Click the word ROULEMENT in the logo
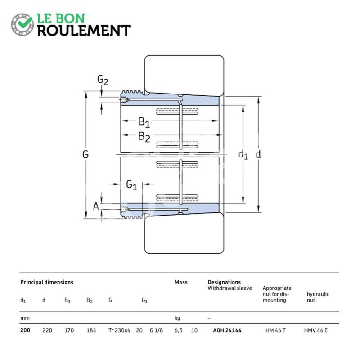[84, 31]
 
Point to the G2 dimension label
[103, 80]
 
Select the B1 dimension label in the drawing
[144, 121]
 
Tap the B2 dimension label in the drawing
[144, 137]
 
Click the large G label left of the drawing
[85, 154]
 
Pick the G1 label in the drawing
[131, 185]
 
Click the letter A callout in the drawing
[96, 207]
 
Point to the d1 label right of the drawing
[243, 155]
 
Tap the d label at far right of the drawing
[258, 154]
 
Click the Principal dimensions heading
[47, 282]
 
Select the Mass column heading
[181, 282]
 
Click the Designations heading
[224, 282]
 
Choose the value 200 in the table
[25, 330]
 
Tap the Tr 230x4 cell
[119, 330]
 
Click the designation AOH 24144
[227, 330]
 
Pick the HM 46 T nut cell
[275, 330]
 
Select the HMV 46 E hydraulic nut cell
[316, 330]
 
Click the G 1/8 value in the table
[156, 330]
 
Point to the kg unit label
[177, 318]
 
